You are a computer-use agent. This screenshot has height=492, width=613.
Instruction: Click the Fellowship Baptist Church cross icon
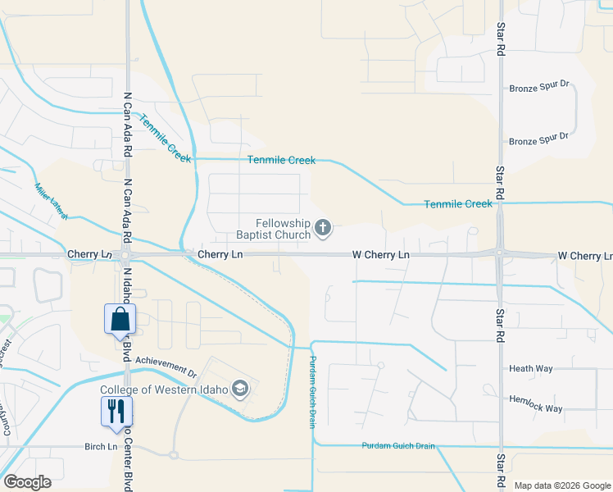point(323,227)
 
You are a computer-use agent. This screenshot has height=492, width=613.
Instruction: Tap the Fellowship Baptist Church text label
point(283,229)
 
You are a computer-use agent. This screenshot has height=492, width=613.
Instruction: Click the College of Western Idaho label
point(165,389)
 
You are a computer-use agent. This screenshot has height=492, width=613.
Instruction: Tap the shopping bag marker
point(120,319)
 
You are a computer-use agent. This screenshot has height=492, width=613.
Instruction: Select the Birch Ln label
point(101,446)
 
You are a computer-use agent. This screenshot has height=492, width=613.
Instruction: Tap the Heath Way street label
point(531,369)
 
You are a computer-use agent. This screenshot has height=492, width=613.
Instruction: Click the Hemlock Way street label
point(536,408)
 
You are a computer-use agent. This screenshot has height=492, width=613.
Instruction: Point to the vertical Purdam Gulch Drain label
point(312,391)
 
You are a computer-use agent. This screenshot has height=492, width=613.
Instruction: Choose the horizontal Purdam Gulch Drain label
point(398,446)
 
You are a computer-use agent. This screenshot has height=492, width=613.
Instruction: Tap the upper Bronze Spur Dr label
point(538,88)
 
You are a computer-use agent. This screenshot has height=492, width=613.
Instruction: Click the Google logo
point(27,482)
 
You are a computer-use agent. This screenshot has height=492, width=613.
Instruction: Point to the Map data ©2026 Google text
point(561,485)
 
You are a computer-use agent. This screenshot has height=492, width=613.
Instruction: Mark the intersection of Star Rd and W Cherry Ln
point(499,254)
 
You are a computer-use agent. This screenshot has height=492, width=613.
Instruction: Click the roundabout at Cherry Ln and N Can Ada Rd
point(127,255)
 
